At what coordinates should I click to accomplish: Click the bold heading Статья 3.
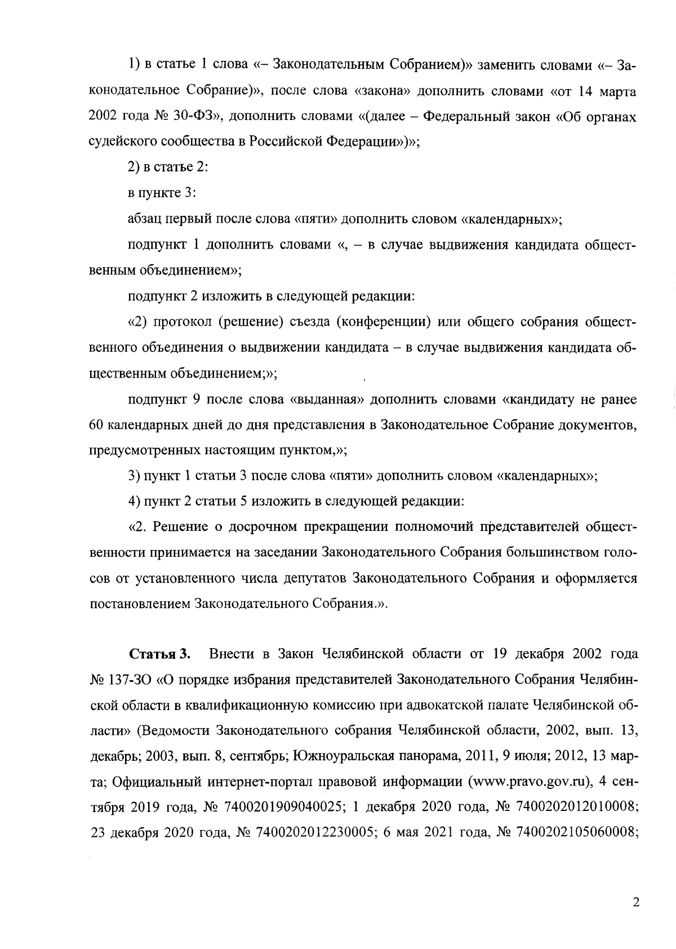click(x=160, y=654)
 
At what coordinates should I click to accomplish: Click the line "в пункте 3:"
click(x=162, y=193)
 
